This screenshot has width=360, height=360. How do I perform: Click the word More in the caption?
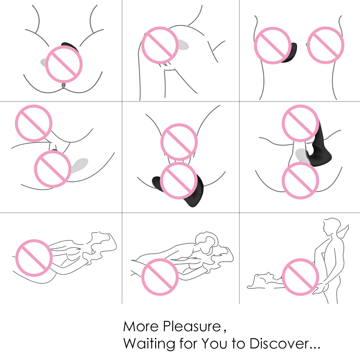click(x=141, y=326)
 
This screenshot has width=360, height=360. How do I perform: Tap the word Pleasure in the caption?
click(x=192, y=326)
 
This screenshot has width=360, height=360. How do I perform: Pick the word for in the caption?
click(x=188, y=343)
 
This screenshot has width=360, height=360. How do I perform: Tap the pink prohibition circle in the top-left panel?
click(x=64, y=64)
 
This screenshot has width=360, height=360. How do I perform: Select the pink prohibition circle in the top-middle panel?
click(x=160, y=45)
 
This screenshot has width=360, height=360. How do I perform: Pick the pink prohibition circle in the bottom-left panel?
click(x=34, y=258)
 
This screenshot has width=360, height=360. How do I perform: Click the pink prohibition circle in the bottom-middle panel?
click(x=160, y=277)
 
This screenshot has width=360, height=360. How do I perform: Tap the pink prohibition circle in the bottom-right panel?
click(x=300, y=277)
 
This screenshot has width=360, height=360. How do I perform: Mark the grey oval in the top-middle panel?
click(x=183, y=45)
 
